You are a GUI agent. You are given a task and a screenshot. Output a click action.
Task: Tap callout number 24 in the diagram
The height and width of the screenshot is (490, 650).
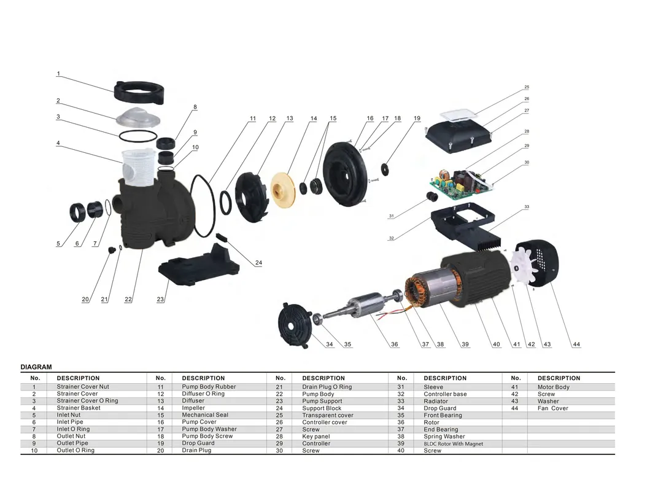[x=258, y=263]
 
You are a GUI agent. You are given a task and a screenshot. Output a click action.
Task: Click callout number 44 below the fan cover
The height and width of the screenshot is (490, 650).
[x=576, y=344]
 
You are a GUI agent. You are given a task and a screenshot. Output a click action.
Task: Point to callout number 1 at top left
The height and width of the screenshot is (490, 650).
[x=58, y=74]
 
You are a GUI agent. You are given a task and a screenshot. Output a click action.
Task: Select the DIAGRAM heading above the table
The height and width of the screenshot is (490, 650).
[x=36, y=367]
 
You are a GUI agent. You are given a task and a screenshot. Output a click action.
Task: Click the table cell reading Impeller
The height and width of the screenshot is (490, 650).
[x=193, y=408]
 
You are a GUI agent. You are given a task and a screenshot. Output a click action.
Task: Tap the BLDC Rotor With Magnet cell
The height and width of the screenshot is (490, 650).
[x=453, y=443]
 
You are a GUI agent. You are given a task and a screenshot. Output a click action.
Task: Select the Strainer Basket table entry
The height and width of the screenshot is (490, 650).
[x=79, y=408]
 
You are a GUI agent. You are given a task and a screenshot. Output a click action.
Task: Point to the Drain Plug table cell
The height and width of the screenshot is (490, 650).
[x=196, y=451]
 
